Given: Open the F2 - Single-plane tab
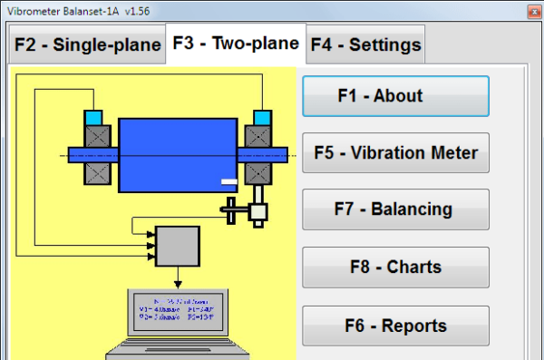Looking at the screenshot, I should tap(86, 44).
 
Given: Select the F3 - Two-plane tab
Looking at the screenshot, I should tap(236, 44).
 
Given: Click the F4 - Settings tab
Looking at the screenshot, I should tap(365, 44).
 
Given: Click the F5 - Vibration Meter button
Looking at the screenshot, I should tap(395, 152).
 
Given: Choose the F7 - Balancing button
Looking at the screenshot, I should tap(395, 209).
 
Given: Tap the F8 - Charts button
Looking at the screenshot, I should tap(395, 267).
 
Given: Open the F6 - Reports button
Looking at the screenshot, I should tap(395, 326).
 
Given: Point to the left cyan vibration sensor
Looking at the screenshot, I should tap(93, 118).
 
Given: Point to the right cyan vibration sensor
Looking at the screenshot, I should tap(262, 118).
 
